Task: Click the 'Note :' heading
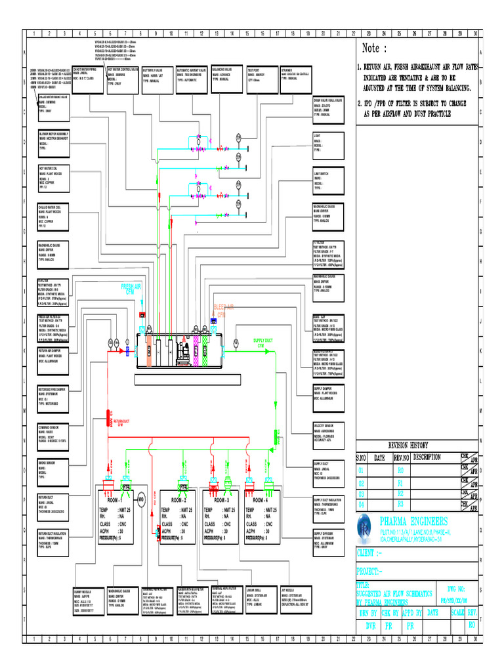pos(379,48)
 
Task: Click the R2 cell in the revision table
pos(400,492)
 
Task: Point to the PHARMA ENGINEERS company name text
pos(413,520)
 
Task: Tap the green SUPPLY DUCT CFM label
pos(262,343)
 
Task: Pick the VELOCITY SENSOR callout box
pos(330,433)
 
